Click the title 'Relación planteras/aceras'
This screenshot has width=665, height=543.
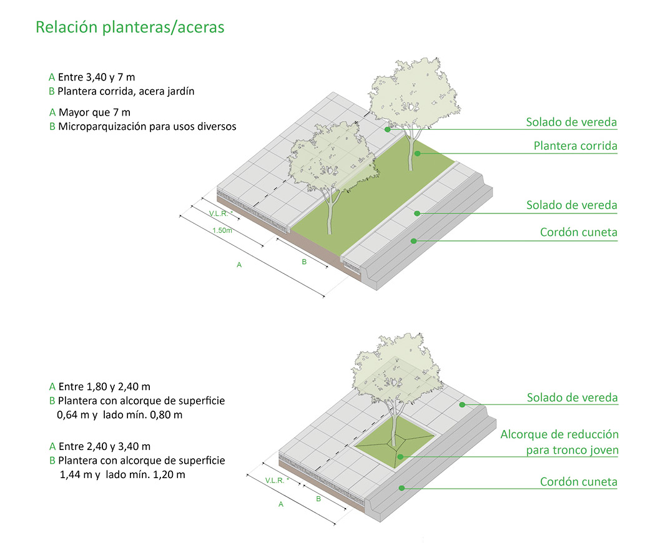130,27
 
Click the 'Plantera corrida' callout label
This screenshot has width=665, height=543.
575,146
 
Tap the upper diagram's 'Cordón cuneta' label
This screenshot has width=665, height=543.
578,232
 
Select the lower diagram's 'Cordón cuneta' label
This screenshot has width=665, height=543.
578,482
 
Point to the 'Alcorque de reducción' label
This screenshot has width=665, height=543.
559,434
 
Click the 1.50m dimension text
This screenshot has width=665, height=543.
222,230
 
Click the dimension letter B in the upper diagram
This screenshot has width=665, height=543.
304,262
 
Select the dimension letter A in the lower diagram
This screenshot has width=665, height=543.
281,504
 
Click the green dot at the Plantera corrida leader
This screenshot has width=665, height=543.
417,154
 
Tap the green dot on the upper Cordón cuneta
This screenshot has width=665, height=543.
413,241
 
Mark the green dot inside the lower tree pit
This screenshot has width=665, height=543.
400,457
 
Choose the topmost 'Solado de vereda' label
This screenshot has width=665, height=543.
571,122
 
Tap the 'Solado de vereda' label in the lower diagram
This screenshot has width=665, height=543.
572,398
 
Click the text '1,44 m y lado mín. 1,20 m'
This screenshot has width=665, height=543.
122,475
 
